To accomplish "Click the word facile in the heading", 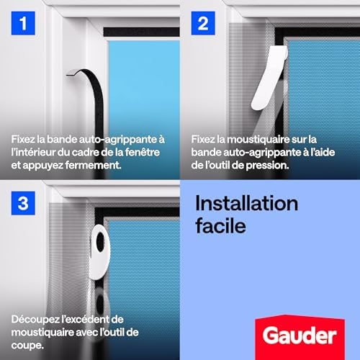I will click(220, 225).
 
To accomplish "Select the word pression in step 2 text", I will click(269, 164).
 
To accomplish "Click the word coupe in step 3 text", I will click(27, 344).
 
